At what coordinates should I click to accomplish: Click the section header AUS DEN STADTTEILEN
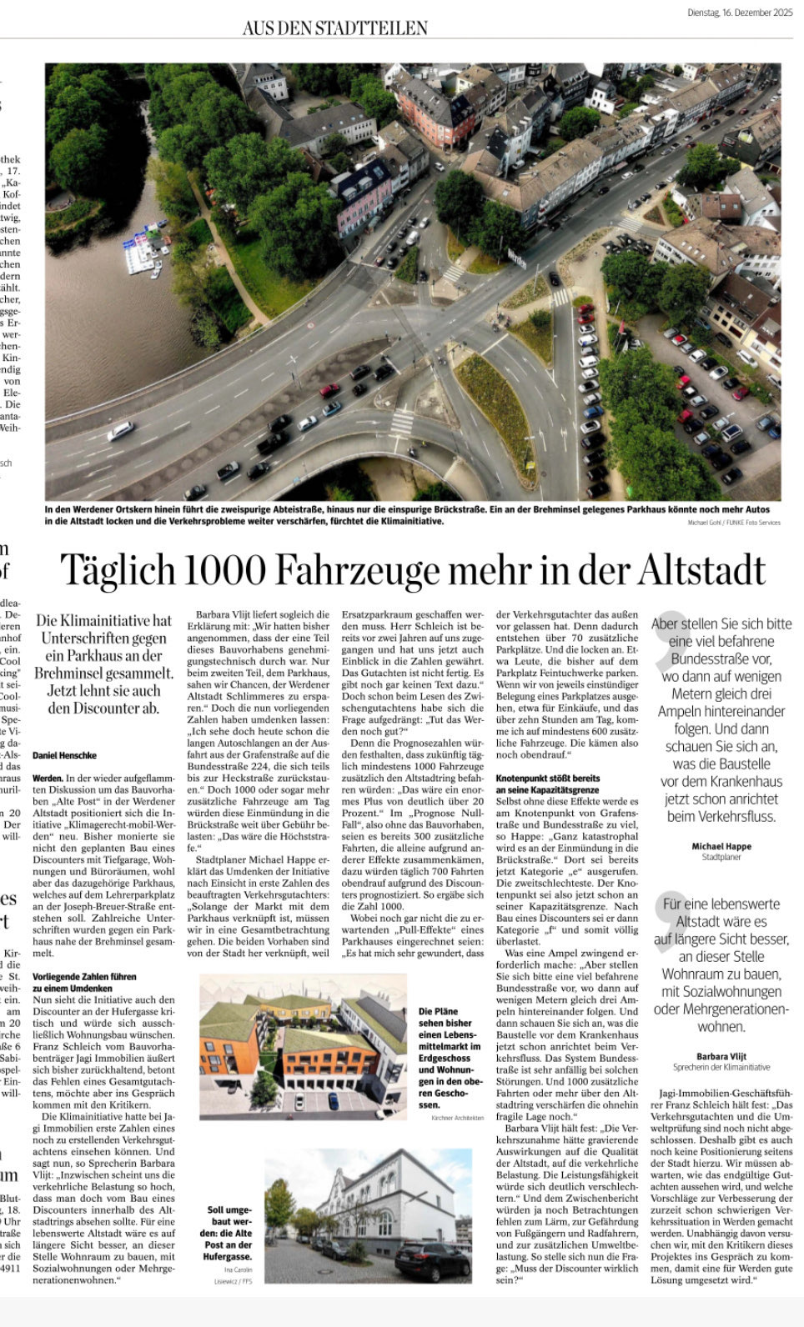coord(334,28)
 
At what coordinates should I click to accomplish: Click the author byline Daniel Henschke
coord(65,755)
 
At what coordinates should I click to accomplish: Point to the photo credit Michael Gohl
coord(706,523)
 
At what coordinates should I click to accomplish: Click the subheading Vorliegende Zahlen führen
coord(84,976)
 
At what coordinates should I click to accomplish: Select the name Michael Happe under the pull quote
coord(721,846)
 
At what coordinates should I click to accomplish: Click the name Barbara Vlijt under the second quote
coord(721,1056)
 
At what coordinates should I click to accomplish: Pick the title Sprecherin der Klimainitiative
coord(721,1067)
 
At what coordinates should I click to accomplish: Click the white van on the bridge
coord(121,430)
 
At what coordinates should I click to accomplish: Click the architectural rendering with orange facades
coord(304,1044)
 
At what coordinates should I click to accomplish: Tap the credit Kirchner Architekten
coord(457,1117)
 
